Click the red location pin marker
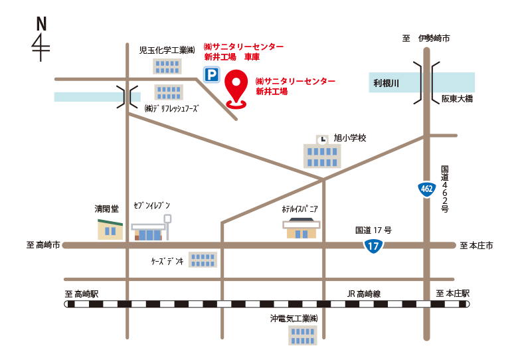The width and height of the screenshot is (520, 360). coord(236,88)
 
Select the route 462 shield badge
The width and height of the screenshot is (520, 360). coord(427,189)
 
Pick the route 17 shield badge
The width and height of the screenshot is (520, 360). coord(373,246)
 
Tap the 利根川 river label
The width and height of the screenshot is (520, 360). coord(386,83)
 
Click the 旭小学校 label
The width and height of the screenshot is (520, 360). coord(350,138)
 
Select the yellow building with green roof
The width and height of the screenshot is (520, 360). coord(110,226)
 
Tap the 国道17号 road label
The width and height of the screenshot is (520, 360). coord(373,230)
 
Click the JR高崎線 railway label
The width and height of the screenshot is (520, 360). coord(364,293)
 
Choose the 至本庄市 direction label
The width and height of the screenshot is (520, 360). coord(476,246)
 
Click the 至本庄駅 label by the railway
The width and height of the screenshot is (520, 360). coord(453,293)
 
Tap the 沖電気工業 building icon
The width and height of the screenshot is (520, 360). coord(302,335)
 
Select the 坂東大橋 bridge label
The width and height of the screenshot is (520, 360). coord(457,99)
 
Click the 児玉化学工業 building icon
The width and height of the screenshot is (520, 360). coord(167,66)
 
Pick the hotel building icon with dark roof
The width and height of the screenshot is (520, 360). coord(302,226)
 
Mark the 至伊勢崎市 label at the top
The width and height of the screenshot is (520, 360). coord(426,39)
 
